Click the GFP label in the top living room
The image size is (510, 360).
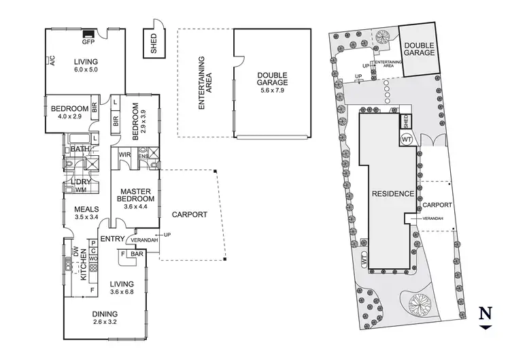88,42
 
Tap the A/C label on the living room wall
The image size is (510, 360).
52,63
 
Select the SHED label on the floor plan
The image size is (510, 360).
153,44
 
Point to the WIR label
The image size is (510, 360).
124,156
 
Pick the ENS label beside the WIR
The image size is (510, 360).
143,156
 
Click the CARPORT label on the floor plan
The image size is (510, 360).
189,214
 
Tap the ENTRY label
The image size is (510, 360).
111,238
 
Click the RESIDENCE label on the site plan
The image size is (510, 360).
393,193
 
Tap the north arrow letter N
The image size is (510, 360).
484,314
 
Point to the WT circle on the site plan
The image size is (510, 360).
407,139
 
